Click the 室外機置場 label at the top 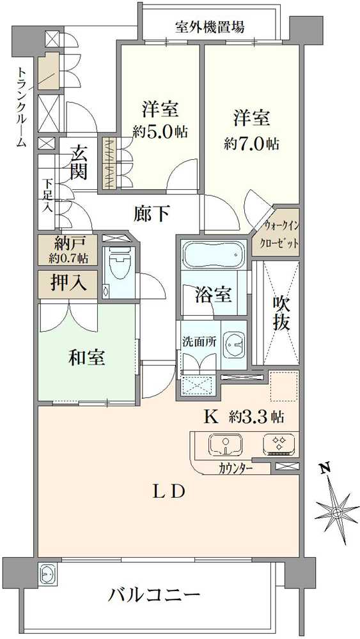(x=210, y=27)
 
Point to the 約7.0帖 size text (x=251, y=143)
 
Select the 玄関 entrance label (x=79, y=163)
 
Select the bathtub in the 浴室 (x=214, y=255)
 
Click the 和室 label (x=87, y=357)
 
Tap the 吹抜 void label (x=282, y=312)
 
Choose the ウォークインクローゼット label (x=276, y=233)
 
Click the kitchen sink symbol (x=225, y=445)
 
